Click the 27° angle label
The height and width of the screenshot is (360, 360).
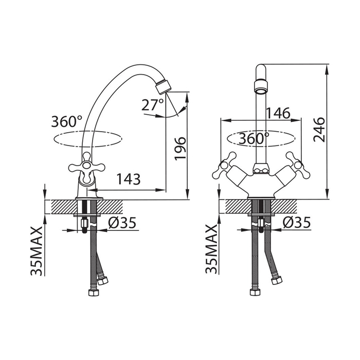tap(153, 104)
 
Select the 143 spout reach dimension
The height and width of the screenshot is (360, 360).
tap(129, 179)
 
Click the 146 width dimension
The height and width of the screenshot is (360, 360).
tap(278, 113)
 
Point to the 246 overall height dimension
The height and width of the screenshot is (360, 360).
tap(319, 130)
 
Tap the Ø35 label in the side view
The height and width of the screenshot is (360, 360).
tap(122, 222)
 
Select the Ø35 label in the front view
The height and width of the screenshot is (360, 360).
tap(297, 222)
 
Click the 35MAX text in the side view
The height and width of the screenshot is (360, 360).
tap(37, 251)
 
